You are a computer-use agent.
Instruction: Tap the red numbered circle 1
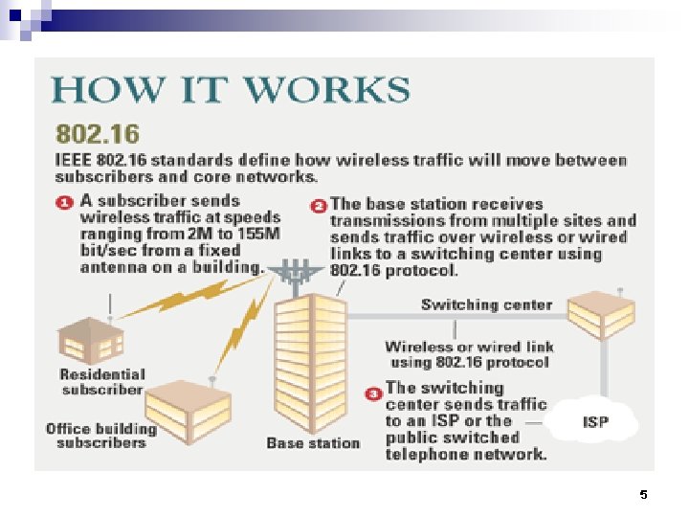pyautogui.click(x=62, y=203)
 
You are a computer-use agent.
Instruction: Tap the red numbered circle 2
pyautogui.click(x=319, y=205)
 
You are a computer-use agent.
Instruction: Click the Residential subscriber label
pyautogui.click(x=102, y=381)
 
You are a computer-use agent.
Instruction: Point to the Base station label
pyautogui.click(x=313, y=443)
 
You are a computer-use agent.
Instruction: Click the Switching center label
pyautogui.click(x=486, y=304)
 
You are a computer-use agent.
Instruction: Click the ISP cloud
pyautogui.click(x=595, y=421)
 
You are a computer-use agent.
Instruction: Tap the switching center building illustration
pyautogui.click(x=599, y=311)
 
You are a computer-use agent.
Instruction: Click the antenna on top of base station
pyautogui.click(x=298, y=273)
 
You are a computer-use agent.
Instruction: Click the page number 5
pyautogui.click(x=643, y=495)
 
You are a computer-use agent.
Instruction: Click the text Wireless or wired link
pyautogui.click(x=469, y=347)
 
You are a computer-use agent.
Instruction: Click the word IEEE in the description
pyautogui.click(x=74, y=160)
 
